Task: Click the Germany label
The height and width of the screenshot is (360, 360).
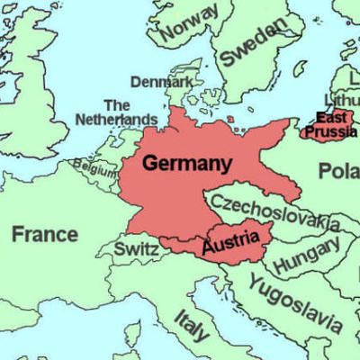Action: tap(187, 165)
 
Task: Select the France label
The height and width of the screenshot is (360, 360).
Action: tap(44, 235)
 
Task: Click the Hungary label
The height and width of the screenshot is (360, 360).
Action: tap(306, 256)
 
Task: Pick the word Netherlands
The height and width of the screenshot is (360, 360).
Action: tap(116, 120)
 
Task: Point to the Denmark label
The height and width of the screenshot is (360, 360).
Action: tap(161, 82)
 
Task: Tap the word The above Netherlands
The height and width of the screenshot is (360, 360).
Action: tap(117, 105)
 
